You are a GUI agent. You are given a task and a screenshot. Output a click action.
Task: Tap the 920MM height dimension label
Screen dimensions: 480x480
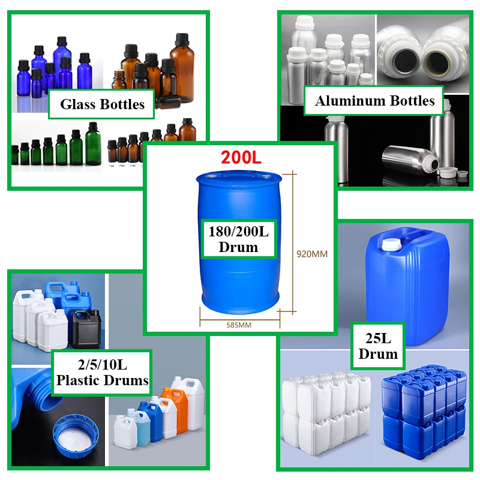tap(313, 254)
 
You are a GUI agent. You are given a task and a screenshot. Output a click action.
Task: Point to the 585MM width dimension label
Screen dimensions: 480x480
tap(239, 325)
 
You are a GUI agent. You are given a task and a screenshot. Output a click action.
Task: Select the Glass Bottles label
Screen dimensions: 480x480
tap(102, 104)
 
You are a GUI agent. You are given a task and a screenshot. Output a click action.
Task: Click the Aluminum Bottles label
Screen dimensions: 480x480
tap(374, 101)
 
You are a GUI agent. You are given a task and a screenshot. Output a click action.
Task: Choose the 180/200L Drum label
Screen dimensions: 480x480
tap(238, 239)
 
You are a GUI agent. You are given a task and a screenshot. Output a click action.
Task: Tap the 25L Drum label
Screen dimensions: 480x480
tap(378, 345)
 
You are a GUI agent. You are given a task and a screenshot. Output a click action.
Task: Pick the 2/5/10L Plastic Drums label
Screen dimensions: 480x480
tap(101, 372)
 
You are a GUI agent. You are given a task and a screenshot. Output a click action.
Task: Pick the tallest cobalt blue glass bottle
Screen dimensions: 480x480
tap(62, 63)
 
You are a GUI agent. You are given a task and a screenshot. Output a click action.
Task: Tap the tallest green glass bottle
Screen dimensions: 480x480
tap(92, 144)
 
